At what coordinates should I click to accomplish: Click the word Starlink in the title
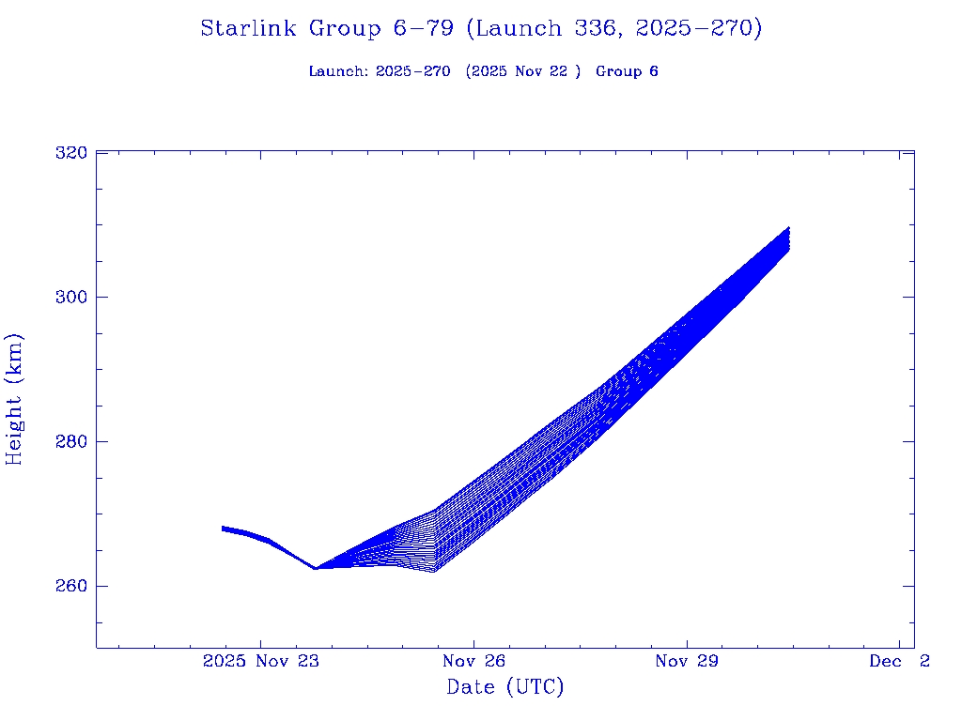(x=250, y=28)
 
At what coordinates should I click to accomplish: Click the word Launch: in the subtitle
(x=338, y=71)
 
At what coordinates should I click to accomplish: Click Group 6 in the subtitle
(x=627, y=71)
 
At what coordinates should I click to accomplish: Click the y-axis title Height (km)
(x=15, y=399)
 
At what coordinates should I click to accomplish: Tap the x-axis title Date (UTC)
(x=505, y=687)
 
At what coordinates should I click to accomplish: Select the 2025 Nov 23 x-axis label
(x=261, y=662)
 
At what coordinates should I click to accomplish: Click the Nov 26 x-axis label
(x=474, y=662)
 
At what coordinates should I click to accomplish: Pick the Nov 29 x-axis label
(x=687, y=662)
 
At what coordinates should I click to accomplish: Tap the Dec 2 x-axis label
(x=899, y=662)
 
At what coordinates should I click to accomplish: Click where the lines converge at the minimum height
(x=316, y=568)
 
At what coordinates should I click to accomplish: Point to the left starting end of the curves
(x=224, y=529)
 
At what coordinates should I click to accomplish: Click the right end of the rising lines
(x=788, y=238)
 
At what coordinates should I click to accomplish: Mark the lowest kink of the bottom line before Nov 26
(x=432, y=572)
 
